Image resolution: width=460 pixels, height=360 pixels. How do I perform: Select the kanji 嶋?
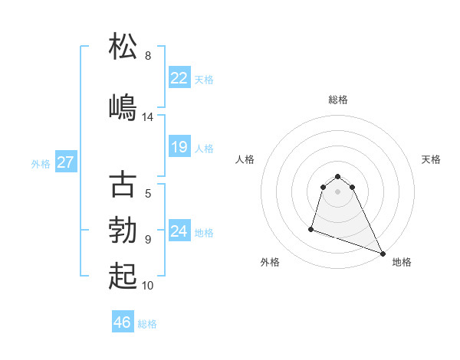click(123, 106)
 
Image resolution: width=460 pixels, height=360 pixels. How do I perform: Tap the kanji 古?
click(123, 185)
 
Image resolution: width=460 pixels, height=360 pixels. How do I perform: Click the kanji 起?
click(123, 276)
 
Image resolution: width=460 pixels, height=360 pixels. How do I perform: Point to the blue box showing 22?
click(179, 78)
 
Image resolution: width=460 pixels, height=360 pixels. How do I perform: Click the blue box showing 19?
click(179, 147)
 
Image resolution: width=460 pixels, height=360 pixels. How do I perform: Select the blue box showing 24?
click(179, 231)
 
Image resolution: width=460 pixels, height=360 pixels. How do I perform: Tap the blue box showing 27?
click(65, 162)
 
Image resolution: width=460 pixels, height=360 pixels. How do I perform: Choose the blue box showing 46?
click(122, 322)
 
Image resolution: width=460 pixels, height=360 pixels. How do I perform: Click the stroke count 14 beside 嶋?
click(148, 117)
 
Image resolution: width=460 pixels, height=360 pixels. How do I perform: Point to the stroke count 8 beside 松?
click(148, 56)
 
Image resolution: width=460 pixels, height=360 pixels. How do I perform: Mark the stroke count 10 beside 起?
click(148, 286)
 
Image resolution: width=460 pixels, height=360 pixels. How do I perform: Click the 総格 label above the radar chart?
click(338, 100)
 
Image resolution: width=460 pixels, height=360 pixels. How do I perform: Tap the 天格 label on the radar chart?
click(431, 159)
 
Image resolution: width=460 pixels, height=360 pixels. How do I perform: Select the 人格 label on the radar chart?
click(245, 159)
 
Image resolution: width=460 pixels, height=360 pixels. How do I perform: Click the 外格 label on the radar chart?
click(270, 262)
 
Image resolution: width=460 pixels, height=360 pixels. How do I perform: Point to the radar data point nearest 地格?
click(383, 253)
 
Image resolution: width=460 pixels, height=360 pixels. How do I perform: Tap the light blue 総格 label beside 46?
click(147, 324)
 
